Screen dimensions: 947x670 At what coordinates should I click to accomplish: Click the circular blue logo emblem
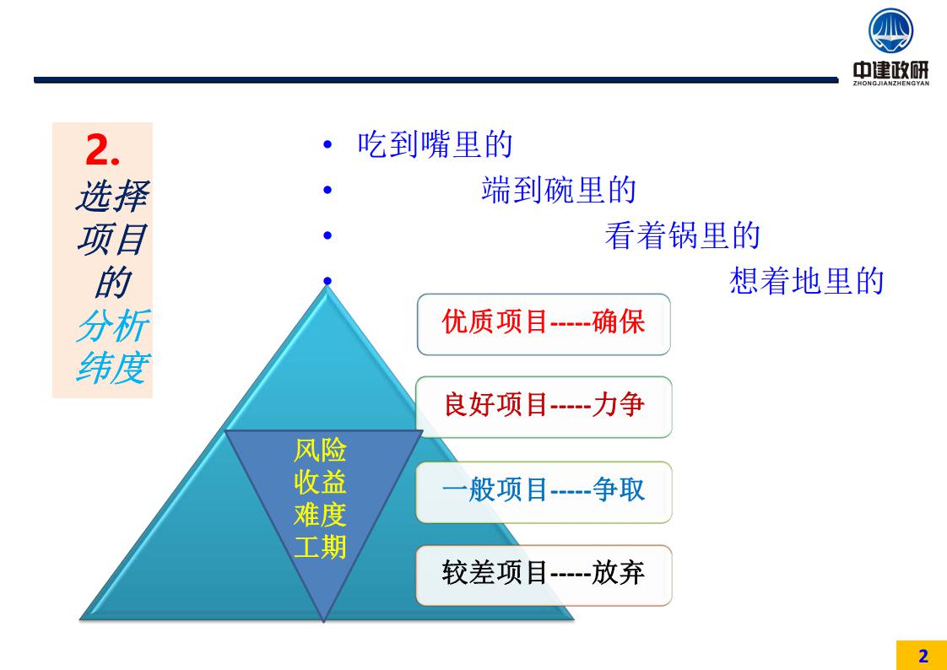[890, 30]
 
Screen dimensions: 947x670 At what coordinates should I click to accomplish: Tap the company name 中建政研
[890, 70]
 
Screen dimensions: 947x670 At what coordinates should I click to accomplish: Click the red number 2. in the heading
[103, 149]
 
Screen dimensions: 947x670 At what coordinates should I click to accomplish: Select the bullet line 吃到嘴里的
[435, 145]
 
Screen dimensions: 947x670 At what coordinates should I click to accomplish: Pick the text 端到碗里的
[559, 190]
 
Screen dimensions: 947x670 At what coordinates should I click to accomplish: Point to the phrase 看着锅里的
[683, 235]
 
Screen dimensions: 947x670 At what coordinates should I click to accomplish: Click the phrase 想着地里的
[807, 281]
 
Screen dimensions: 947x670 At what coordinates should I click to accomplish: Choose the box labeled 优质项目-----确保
[544, 324]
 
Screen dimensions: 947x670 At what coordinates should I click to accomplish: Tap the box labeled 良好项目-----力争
[544, 407]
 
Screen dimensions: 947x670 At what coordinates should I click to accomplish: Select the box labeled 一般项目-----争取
[544, 492]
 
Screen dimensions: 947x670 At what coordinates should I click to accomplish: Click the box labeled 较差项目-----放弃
[544, 575]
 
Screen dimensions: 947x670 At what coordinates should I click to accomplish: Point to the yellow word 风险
[320, 451]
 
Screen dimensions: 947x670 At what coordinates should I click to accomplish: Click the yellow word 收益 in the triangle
[320, 483]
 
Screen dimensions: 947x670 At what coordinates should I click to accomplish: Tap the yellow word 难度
[320, 515]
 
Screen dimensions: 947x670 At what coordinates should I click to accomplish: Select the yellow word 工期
[320, 548]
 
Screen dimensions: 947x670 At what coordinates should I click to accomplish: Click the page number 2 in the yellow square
[923, 656]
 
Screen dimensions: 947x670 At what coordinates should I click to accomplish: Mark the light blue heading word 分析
[114, 326]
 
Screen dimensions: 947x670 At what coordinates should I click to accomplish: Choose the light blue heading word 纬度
[114, 367]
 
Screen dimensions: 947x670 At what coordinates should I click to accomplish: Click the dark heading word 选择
[114, 196]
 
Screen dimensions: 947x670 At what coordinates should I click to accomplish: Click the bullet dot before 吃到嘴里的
[327, 145]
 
